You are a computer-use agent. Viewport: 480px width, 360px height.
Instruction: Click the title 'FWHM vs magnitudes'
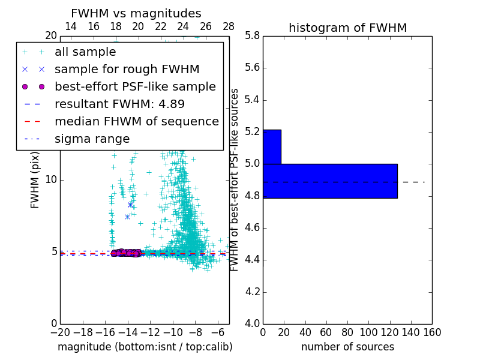tap(136, 13)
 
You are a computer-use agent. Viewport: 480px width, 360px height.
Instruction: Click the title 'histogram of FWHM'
tap(347, 28)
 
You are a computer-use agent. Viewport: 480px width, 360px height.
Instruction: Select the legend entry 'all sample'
tap(85, 52)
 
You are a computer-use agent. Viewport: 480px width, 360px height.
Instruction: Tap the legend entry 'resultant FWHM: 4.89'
tap(119, 104)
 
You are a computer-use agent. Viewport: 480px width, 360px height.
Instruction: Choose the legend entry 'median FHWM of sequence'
tap(136, 121)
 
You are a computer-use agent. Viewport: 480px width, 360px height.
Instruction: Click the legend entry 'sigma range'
tap(92, 139)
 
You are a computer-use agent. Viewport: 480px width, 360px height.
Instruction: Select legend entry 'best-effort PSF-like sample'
tap(135, 86)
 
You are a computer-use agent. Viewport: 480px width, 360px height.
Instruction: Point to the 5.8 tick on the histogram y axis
tap(252, 35)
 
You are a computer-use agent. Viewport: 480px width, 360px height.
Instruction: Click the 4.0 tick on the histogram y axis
tap(252, 323)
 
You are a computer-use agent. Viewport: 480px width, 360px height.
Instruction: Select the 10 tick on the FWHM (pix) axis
tap(50, 179)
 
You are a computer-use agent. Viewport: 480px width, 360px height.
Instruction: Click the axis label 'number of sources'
tap(347, 347)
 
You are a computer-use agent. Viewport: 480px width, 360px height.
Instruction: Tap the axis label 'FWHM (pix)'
tap(35, 179)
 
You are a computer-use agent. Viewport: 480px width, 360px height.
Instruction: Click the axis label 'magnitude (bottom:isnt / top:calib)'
tap(145, 347)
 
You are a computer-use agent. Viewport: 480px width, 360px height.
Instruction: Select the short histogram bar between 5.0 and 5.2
tap(272, 146)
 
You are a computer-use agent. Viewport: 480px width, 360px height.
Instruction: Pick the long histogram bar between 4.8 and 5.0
tap(330, 181)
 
